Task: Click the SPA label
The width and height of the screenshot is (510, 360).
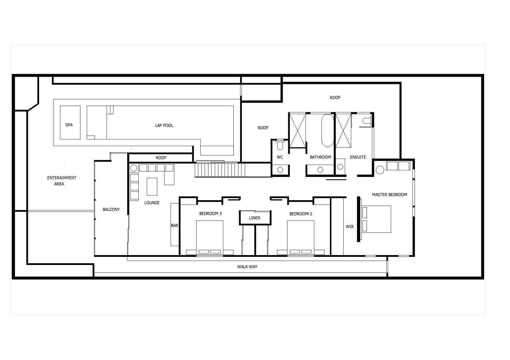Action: (69, 125)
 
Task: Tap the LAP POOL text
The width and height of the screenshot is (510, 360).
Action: (164, 126)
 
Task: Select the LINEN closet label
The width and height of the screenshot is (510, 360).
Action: (254, 218)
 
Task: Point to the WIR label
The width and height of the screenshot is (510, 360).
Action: (350, 227)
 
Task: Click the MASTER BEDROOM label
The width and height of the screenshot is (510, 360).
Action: (390, 195)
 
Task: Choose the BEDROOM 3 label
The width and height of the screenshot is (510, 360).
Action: (211, 214)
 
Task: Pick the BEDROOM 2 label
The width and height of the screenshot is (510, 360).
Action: (301, 214)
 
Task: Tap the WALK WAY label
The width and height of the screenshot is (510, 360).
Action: (247, 267)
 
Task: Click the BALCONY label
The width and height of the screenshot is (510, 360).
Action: (111, 209)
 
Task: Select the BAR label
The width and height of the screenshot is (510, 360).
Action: (174, 225)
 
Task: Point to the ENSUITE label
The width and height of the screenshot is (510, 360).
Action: (358, 157)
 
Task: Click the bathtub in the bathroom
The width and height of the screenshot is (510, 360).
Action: (328, 130)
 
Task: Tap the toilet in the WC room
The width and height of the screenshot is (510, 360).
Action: (280, 144)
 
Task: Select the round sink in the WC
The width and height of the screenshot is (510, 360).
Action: (280, 170)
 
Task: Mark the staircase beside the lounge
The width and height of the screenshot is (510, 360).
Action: (220, 170)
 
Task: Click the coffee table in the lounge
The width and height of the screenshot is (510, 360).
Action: (152, 187)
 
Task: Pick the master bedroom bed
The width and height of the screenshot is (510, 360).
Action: (376, 219)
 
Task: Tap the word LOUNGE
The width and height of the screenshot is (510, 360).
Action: (152, 203)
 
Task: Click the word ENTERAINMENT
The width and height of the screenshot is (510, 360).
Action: (62, 178)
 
